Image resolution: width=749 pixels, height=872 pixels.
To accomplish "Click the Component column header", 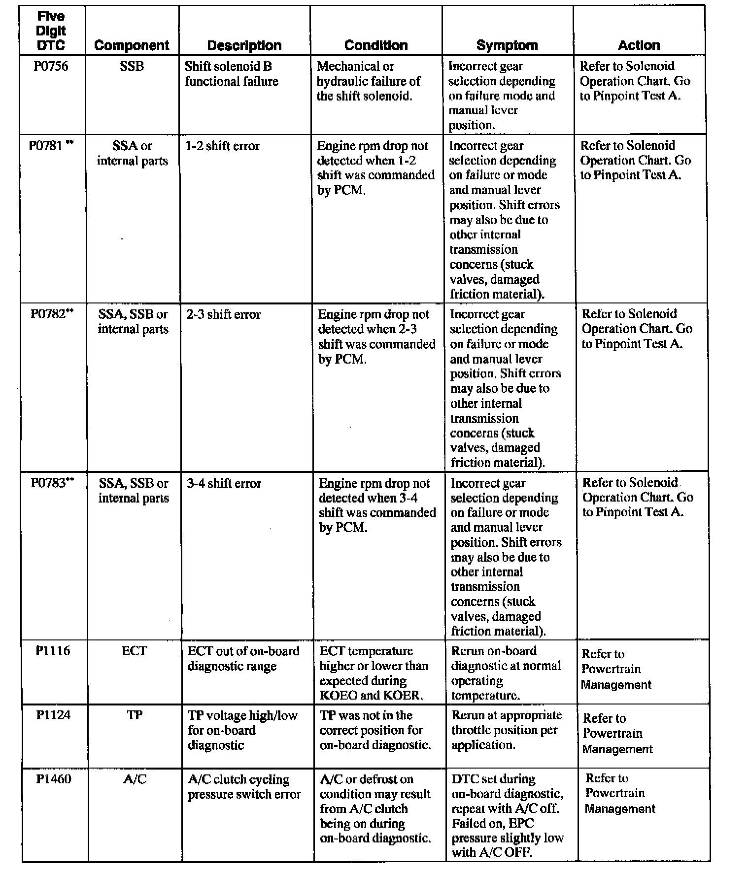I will pos(132,46).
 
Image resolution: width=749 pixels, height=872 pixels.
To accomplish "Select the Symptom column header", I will pos(507,46).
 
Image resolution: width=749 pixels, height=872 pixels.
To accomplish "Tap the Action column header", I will pos(639,46).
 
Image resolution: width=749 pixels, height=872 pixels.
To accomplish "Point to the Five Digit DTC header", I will pos(51,31).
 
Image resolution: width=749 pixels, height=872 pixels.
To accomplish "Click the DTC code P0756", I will pos(51,67).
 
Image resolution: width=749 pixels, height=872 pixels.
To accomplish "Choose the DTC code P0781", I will pos(48,146).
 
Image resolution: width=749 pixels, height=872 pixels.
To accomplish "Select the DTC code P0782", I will pos(49,314).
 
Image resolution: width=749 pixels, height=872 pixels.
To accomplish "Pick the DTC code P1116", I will pos(53,651).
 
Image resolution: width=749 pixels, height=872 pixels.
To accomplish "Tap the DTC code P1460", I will pos(54,779).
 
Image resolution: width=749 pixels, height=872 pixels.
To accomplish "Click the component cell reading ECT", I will pos(134,651).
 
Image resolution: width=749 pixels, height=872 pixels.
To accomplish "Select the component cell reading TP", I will pos(135,715).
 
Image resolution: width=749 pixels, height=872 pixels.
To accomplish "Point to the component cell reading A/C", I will pos(135,779).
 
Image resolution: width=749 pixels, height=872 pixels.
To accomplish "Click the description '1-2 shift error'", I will pos(223,146).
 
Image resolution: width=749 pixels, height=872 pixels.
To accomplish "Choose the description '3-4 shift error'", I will pos(224,483).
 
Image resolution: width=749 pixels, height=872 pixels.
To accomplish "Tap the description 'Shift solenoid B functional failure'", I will pos(231,74).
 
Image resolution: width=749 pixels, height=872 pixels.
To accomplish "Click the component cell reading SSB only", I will pos(132,67).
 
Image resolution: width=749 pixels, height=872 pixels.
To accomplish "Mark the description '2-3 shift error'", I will pos(223,314).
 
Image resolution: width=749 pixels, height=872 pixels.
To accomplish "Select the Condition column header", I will pos(376,46).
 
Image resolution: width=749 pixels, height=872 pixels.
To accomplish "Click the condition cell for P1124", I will pos(375,730).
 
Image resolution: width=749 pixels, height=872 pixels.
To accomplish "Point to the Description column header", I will pos(244,46).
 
